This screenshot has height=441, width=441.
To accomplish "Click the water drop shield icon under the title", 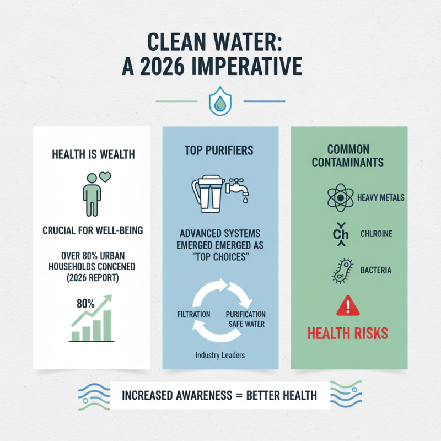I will coord(220,103).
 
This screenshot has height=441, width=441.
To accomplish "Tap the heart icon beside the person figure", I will coord(104,178).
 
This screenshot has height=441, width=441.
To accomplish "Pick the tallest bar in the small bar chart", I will coord(107,325).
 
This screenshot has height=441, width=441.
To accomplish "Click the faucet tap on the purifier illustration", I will coord(239,185).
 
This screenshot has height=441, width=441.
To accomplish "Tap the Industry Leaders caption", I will coord(220,356).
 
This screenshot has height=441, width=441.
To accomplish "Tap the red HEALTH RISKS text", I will coord(348,333).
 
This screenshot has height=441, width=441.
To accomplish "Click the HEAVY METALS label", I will coord(381,197).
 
